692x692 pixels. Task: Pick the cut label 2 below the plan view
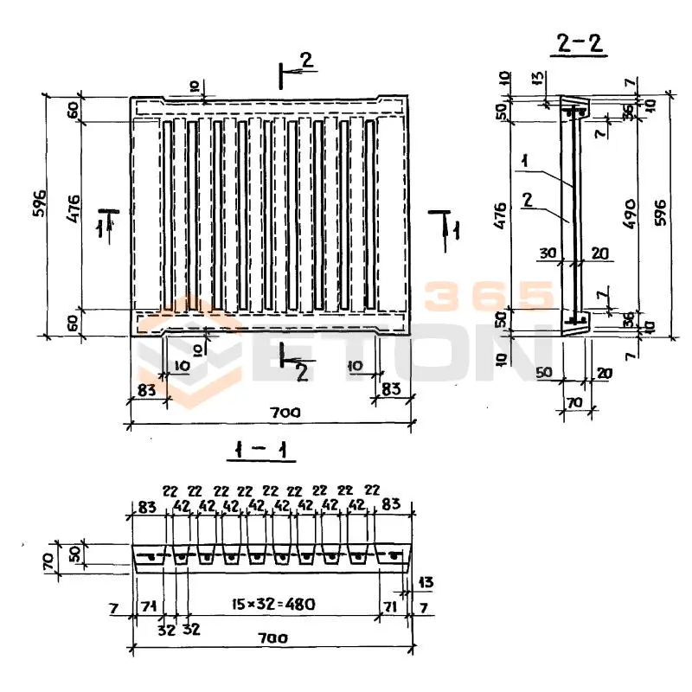(302, 372)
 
